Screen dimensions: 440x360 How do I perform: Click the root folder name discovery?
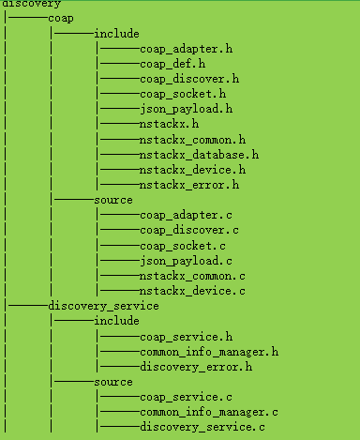point(31,5)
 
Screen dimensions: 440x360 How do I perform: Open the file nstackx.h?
point(169,124)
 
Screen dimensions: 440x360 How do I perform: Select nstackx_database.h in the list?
point(199,155)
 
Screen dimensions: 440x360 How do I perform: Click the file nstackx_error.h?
point(187,185)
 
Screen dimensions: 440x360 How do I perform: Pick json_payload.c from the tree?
point(184,261)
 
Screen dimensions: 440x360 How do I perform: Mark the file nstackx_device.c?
point(191,292)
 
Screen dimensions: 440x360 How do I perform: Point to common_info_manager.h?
point(209,352)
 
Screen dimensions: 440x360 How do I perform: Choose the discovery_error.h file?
point(195,367)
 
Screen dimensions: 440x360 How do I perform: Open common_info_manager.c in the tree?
point(209,413)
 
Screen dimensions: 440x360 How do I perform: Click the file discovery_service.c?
point(202,428)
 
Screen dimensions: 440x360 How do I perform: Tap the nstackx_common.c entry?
point(191,277)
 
